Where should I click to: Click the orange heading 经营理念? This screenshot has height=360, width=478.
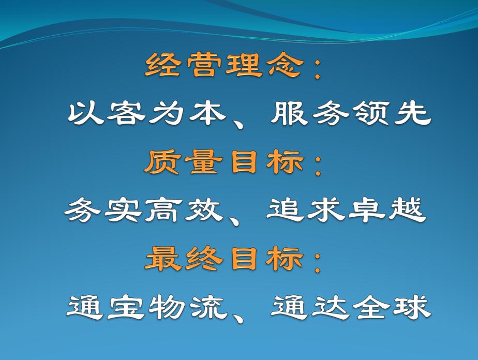[x=223, y=66]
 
